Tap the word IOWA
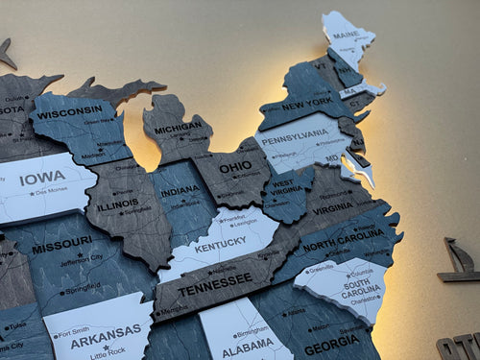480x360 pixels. click(43, 177)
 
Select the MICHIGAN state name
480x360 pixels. click(179, 127)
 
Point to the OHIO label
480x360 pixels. click(235, 167)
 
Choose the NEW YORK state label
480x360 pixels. click(307, 104)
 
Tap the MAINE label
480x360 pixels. click(347, 36)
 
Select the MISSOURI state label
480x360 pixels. click(61, 249)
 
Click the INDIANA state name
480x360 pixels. click(180, 191)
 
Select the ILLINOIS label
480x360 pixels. click(117, 204)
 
